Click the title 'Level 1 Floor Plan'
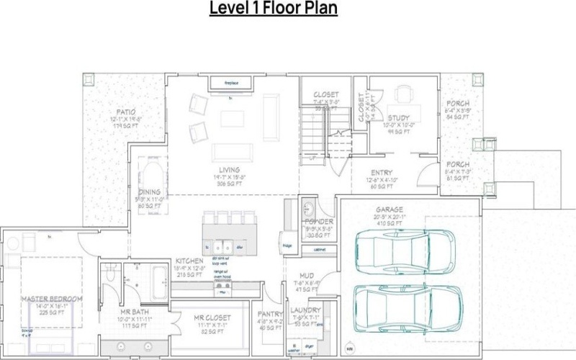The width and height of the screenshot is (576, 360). tap(274, 9)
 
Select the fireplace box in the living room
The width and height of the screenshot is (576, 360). tap(230, 84)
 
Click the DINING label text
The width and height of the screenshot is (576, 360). tap(150, 192)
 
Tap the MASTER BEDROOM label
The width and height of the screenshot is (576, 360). tap(52, 299)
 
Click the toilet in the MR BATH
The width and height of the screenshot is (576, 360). tap(110, 273)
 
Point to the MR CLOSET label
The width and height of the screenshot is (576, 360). tap(212, 318)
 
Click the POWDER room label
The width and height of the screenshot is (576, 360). tap(318, 222)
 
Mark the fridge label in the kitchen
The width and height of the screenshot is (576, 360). tap(287, 245)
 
